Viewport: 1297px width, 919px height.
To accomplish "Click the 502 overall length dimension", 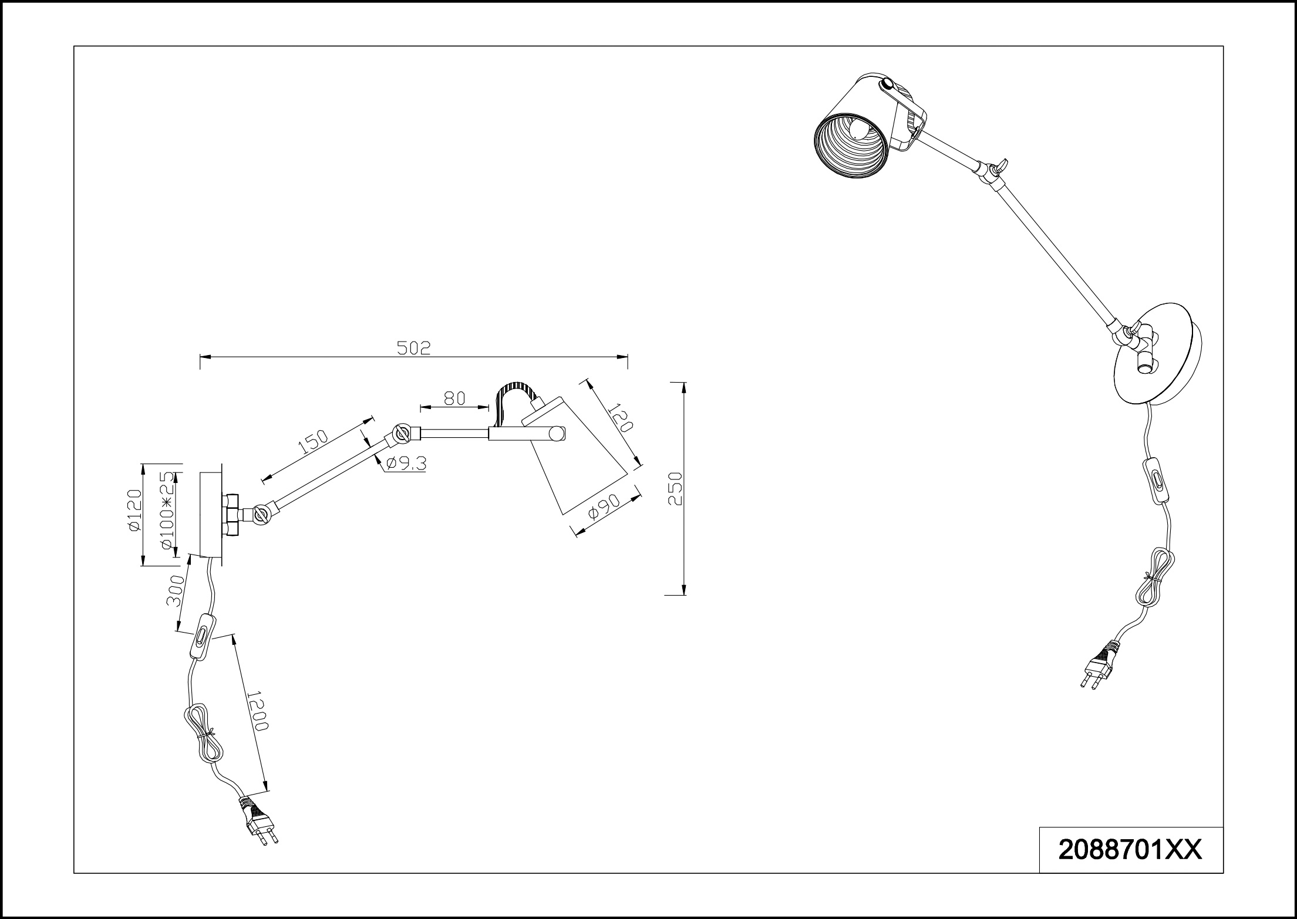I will (x=414, y=348).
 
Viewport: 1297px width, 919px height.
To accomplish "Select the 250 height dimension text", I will (x=676, y=488).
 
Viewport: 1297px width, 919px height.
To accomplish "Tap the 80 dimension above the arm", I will (x=454, y=398).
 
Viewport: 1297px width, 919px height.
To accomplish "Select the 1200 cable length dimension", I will (x=257, y=710).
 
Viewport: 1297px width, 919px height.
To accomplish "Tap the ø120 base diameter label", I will (x=134, y=510).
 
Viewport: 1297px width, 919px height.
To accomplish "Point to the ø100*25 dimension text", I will (x=168, y=510).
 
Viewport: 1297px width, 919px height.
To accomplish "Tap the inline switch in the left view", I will (x=202, y=637).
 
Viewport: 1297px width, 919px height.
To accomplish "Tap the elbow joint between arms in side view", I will (x=403, y=434).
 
